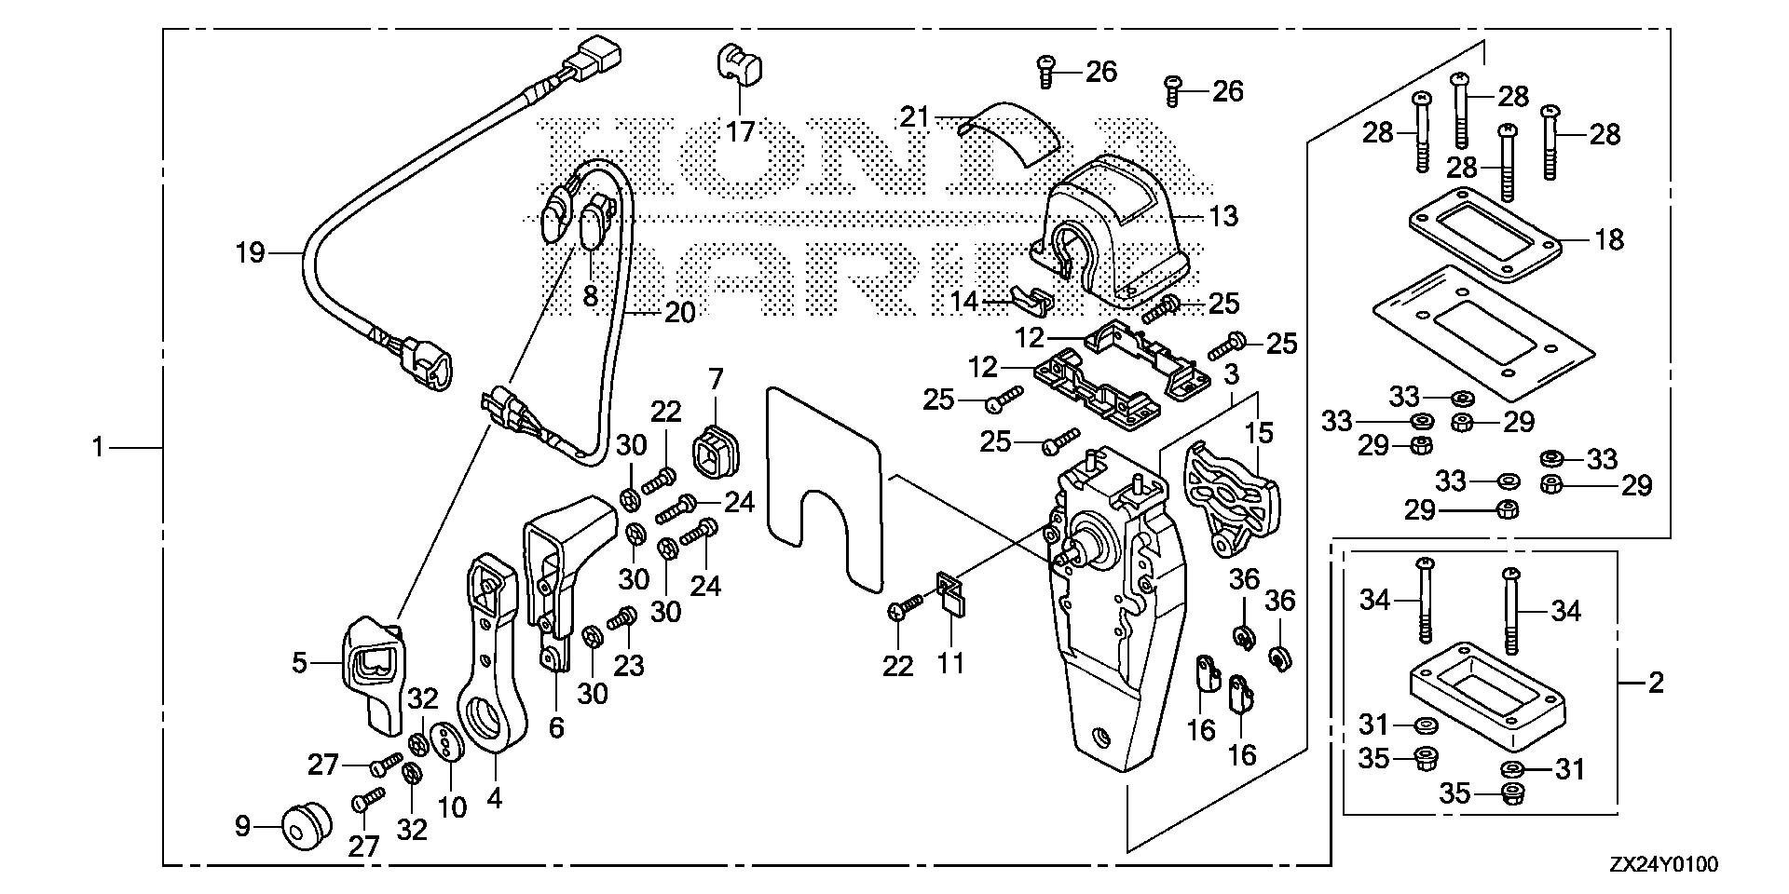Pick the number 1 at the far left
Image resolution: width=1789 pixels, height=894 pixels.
pos(97,449)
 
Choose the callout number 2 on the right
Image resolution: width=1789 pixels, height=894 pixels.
pos(1655,684)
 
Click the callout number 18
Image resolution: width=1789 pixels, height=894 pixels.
pos(1608,239)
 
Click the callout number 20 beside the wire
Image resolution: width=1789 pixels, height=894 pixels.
pos(679,313)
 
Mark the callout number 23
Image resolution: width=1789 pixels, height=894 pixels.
pos(628,666)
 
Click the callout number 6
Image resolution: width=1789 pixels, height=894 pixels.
pos(556,726)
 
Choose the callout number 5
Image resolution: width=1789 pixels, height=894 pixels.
pos(299,663)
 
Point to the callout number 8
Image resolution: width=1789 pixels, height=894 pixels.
pos(590,295)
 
